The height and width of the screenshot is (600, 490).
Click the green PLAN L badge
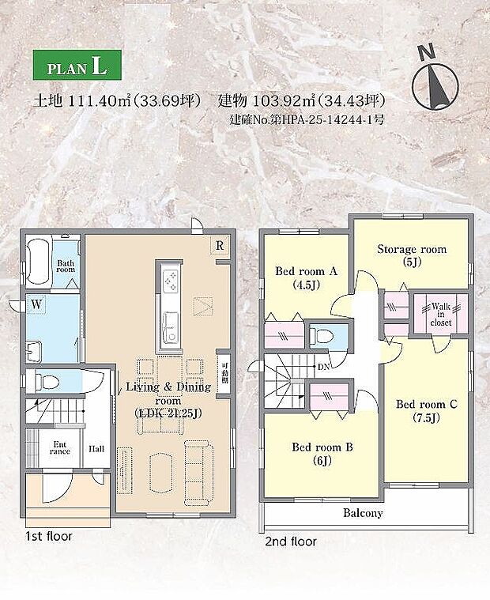(x=77, y=66)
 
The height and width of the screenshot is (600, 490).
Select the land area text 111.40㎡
(x=98, y=101)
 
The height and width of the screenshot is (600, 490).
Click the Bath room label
(x=66, y=265)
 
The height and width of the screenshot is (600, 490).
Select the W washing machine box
(x=36, y=303)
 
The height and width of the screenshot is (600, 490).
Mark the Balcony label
(x=363, y=513)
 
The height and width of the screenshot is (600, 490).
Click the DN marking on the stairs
(x=324, y=368)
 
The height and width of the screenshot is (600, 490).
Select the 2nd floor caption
(x=290, y=542)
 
